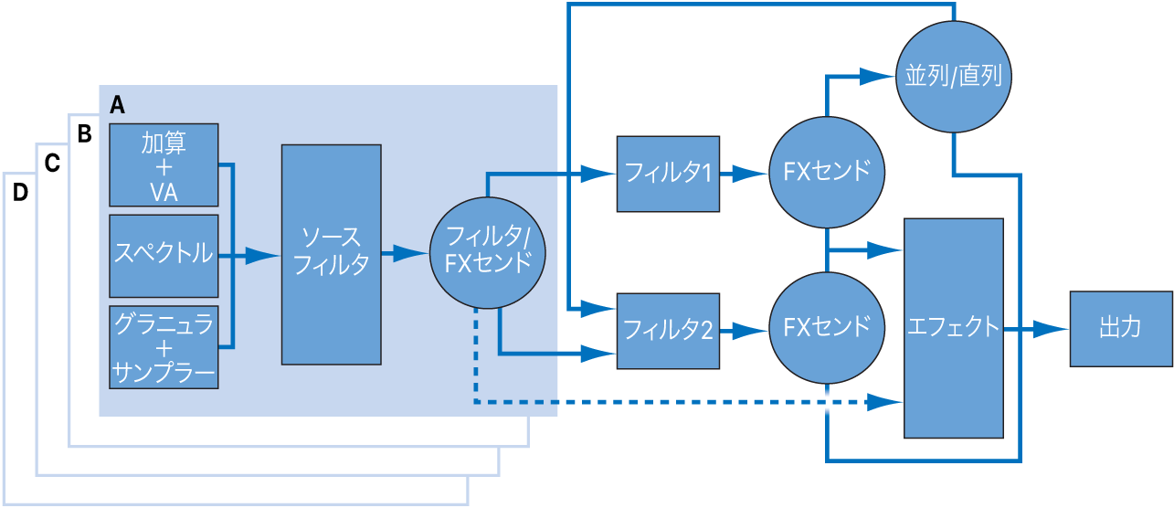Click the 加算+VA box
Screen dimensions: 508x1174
click(x=164, y=165)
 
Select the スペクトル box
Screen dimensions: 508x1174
click(x=164, y=256)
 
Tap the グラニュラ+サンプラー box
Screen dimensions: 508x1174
click(x=164, y=347)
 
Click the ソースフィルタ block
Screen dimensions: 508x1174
click(x=331, y=253)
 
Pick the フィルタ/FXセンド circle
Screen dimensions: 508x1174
click(x=488, y=250)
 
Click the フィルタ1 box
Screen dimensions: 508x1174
click(x=668, y=173)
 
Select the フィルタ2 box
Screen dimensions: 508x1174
click(x=668, y=331)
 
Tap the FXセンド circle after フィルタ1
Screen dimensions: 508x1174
click(x=826, y=173)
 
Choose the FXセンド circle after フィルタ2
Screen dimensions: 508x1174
click(x=826, y=328)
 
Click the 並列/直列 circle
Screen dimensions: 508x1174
click(x=953, y=76)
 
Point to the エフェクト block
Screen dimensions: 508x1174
click(x=953, y=328)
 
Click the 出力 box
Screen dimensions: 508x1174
click(x=1120, y=328)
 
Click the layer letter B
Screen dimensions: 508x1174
click(x=85, y=135)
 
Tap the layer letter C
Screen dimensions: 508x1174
click(x=53, y=164)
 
